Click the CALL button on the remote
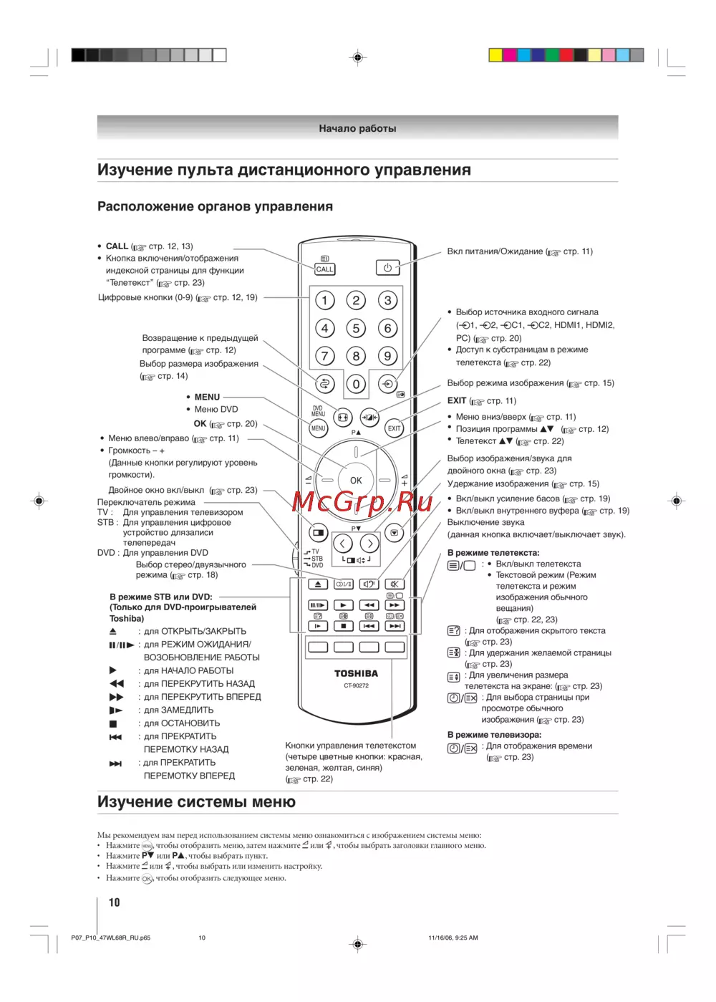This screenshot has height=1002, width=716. pos(324,269)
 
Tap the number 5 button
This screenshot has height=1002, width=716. pos(356,328)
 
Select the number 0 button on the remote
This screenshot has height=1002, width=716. pos(356,384)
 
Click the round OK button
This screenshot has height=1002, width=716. pos(356,481)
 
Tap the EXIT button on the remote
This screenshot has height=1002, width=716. pos(394,428)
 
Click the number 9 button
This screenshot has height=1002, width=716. pos(387,356)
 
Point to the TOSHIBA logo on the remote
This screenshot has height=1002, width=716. pos(356,673)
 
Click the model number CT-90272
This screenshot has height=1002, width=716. pos(356,685)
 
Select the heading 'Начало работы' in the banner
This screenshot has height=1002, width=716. pos(357,129)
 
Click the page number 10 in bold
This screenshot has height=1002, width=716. pos(114,902)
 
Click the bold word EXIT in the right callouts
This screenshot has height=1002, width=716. pos(457,401)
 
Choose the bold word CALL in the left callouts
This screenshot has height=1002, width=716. pos(117,246)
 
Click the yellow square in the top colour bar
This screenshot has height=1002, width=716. pos(495,55)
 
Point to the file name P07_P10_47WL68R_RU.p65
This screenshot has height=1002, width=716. pos(111,938)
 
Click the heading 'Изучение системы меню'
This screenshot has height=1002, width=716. pos(196,802)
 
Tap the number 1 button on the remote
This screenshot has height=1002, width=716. pos(324,300)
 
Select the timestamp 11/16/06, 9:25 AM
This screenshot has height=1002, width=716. pos(453,938)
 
